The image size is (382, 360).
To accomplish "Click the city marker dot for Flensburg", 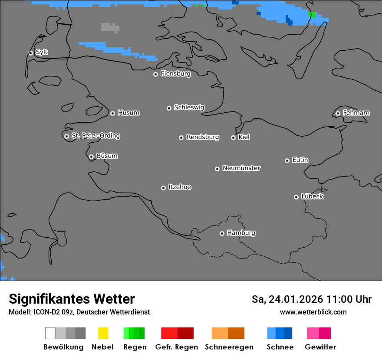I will [x=155, y=74].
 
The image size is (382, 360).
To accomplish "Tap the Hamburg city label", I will [x=241, y=233].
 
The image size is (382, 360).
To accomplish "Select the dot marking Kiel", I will [x=233, y=137].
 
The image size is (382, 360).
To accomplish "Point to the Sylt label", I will [x=42, y=52].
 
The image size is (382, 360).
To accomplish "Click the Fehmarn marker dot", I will [x=338, y=113].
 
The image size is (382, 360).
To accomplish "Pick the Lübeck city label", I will [x=312, y=196].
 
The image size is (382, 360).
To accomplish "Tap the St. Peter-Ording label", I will [x=95, y=136].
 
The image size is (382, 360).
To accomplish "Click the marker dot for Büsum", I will [x=91, y=157].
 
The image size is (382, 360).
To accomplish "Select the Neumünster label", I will [x=241, y=168].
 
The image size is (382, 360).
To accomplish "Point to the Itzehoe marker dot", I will [x=163, y=188].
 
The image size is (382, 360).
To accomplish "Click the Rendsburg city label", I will [x=203, y=137].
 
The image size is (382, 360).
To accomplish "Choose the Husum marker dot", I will [x=112, y=113].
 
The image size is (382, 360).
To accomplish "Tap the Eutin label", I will [x=300, y=160].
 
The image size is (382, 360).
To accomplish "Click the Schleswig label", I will [x=189, y=107].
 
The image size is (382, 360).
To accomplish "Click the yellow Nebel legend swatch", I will [x=103, y=333].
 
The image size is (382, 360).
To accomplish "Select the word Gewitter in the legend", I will [x=320, y=347].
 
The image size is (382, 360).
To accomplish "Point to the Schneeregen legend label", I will [x=229, y=347].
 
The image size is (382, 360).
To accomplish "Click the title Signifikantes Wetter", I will [x=72, y=299].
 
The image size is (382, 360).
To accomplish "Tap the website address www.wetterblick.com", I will [x=313, y=312].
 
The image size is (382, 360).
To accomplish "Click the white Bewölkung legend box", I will [x=50, y=333].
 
